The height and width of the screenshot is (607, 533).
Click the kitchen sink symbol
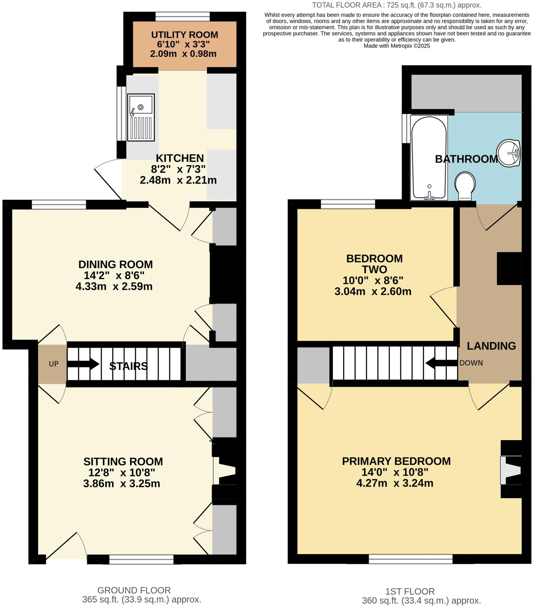(141, 117)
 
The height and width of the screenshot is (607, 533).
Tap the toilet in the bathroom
(465, 186)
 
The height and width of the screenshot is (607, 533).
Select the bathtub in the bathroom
(429, 157)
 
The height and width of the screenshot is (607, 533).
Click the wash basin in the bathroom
(508, 153)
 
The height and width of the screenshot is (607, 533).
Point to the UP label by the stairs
(54, 364)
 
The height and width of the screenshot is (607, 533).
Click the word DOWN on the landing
(471, 363)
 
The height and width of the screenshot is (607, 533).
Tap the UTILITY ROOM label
(184, 35)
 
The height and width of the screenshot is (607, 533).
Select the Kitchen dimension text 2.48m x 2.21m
(178, 180)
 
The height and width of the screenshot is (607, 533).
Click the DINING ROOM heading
(116, 264)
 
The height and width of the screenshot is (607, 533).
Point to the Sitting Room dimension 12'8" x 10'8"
(122, 472)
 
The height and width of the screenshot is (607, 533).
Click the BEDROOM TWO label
(374, 264)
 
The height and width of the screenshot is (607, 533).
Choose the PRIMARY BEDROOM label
(396, 461)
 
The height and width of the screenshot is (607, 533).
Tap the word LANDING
(491, 346)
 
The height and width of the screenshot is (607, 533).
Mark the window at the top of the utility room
(182, 16)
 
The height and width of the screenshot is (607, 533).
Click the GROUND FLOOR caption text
(134, 590)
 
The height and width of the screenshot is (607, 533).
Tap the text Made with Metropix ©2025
(397, 46)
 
